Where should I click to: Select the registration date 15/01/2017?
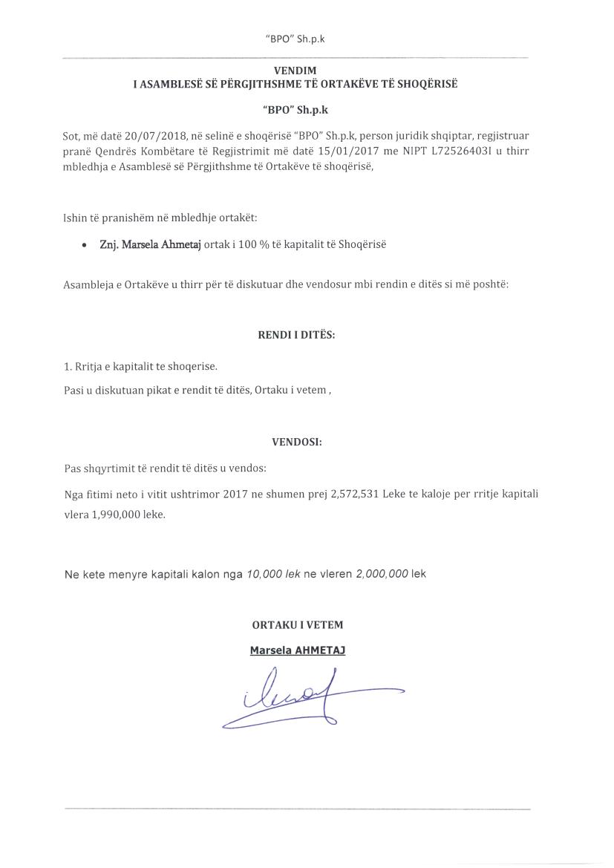[355, 151]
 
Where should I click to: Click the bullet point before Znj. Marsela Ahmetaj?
[84, 245]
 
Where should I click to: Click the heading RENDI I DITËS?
[295, 335]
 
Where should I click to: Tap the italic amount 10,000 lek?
[272, 574]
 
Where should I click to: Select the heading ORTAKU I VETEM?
[297, 625]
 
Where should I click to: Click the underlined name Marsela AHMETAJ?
[297, 650]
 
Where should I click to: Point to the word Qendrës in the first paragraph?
[113, 151]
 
